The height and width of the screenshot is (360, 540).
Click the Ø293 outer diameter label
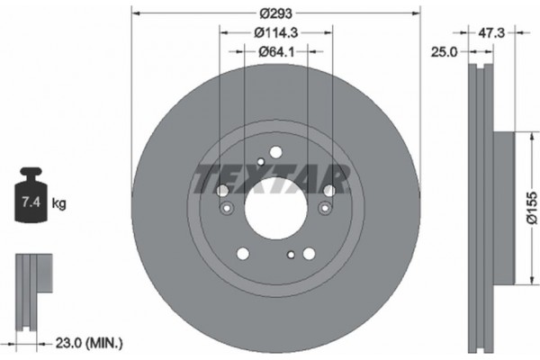(x=275, y=14)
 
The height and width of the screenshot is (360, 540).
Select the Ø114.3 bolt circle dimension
(x=275, y=33)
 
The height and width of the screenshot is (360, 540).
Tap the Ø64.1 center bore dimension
(x=276, y=52)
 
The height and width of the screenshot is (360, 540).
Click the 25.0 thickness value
(x=442, y=53)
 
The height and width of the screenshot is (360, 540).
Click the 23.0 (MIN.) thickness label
(x=88, y=342)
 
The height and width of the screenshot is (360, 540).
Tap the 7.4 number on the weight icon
(x=29, y=203)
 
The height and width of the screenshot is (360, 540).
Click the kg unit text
(x=58, y=203)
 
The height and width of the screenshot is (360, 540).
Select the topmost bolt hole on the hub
(x=276, y=152)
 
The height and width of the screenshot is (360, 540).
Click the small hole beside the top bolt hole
(x=260, y=162)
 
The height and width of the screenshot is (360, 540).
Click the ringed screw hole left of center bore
(x=227, y=209)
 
